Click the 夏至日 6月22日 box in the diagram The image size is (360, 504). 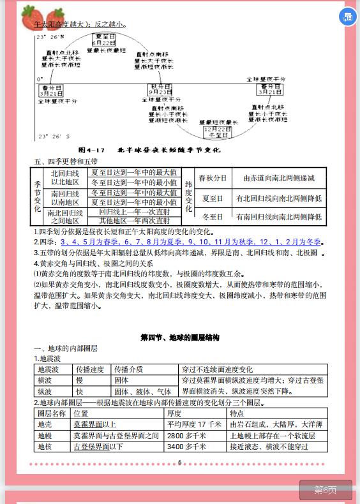pyautogui.click(x=105, y=39)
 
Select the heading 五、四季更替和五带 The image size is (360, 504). pyautogui.click(x=65, y=162)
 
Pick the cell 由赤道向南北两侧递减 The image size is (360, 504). pyautogui.click(x=279, y=178)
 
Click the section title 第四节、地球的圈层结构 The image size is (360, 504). pyautogui.click(x=179, y=337)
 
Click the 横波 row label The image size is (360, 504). pyautogui.click(x=49, y=380)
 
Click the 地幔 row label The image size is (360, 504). pyautogui.click(x=45, y=436)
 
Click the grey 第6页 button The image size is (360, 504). pyautogui.click(x=326, y=490)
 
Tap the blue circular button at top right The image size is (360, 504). pyautogui.click(x=349, y=17)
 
